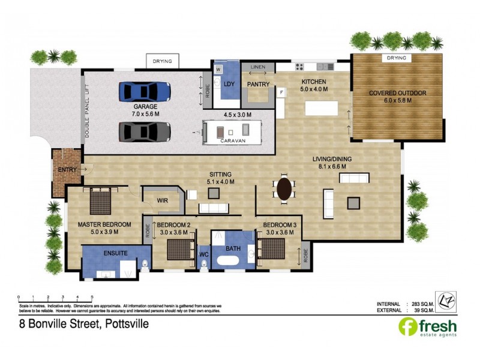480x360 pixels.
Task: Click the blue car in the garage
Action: coord(145,92)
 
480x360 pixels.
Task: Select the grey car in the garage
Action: coord(145,131)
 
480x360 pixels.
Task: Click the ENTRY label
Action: coord(67,170)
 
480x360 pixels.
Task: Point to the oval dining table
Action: coord(284,189)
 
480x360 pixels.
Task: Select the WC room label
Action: coord(203,254)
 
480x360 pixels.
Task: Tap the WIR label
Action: coord(162,200)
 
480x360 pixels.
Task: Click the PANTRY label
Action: coord(259,84)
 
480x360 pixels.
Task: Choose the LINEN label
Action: coord(258,67)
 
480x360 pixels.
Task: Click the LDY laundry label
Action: coord(229,84)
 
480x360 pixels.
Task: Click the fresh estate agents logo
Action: coord(428,327)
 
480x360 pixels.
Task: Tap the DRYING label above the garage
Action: coord(162,61)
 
